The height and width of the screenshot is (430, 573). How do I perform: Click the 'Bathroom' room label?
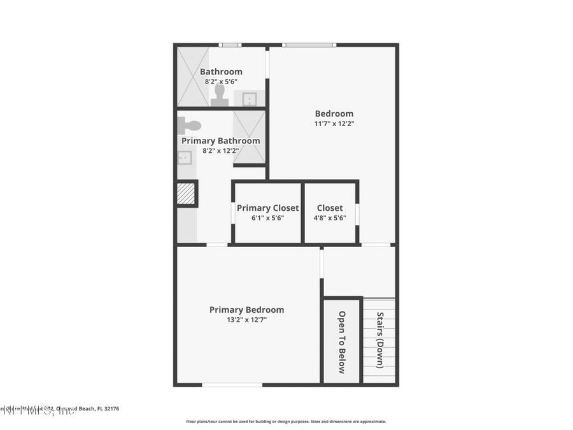click(221, 72)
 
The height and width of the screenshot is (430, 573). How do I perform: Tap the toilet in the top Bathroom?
click(220, 94)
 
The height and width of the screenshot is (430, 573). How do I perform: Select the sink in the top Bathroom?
click(250, 99)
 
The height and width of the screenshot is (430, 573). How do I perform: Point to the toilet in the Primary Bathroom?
click(190, 125)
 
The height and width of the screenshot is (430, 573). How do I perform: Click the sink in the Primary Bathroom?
click(185, 157)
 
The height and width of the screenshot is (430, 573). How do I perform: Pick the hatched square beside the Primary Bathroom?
click(186, 194)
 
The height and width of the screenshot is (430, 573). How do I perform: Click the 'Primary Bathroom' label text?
click(221, 141)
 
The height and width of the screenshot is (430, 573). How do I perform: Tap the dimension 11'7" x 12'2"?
click(334, 124)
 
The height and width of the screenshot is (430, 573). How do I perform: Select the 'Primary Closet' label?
click(267, 208)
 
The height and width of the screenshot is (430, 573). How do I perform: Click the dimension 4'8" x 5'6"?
click(330, 217)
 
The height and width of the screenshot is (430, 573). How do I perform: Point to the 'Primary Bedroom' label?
click(246, 310)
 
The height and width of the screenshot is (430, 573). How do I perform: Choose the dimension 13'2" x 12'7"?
click(246, 320)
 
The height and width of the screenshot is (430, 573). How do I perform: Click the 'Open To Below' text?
click(342, 342)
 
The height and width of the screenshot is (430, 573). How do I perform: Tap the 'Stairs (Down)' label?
click(380, 340)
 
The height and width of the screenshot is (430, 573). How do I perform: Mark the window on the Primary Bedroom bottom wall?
click(232, 385)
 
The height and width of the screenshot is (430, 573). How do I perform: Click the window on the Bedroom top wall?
click(309, 45)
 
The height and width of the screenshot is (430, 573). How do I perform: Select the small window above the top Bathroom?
click(229, 45)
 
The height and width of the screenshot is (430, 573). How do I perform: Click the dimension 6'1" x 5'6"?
click(267, 217)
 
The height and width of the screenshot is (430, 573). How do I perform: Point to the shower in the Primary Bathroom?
click(249, 137)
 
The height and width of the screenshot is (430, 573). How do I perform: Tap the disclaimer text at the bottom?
click(286, 421)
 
